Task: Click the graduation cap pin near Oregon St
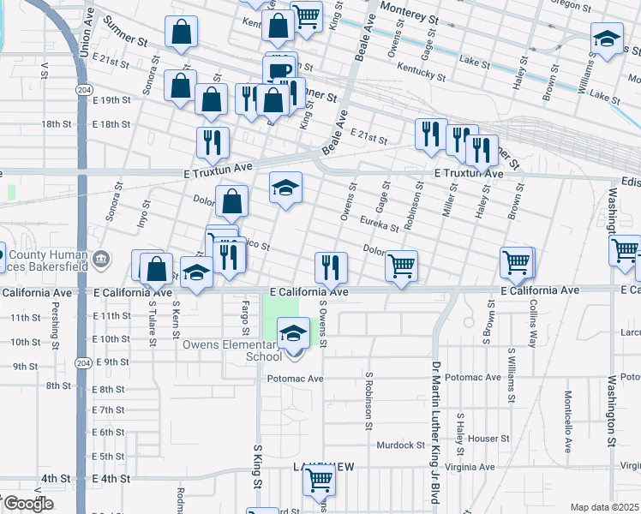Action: coord(607,39)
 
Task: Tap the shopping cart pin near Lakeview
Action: coord(319,481)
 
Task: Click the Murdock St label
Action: coord(401,445)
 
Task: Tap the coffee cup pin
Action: coord(279,71)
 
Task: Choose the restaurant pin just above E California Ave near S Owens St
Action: coord(330,266)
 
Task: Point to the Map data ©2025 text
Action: coord(603,507)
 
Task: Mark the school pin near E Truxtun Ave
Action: coord(286,187)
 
